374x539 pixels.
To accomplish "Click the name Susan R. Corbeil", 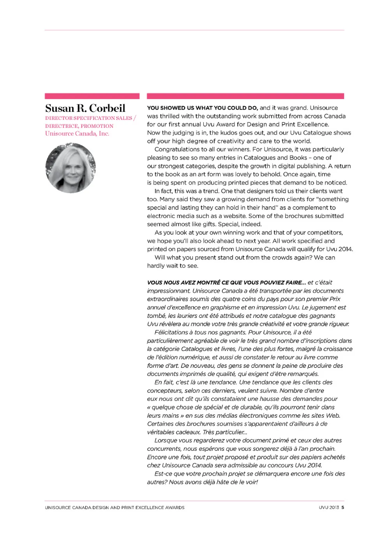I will (x=85, y=108).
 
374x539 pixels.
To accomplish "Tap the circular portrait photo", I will (x=71, y=168).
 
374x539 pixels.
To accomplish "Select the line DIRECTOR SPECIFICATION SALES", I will (x=88, y=118).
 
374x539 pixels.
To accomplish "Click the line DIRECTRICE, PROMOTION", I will (x=79, y=126).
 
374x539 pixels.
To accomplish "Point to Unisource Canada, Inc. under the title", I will (x=77, y=134).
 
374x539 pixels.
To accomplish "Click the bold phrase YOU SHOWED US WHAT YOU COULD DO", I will (x=202, y=108).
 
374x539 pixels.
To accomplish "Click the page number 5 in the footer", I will (x=343, y=507).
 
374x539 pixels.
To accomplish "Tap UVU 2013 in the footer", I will (x=329, y=507).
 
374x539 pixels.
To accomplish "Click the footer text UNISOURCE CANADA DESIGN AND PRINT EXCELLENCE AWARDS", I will (x=115, y=507).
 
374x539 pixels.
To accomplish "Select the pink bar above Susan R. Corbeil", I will (x=92, y=96).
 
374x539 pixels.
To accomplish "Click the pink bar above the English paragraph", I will (x=245, y=96).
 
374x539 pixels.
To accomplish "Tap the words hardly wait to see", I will (x=173, y=266).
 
